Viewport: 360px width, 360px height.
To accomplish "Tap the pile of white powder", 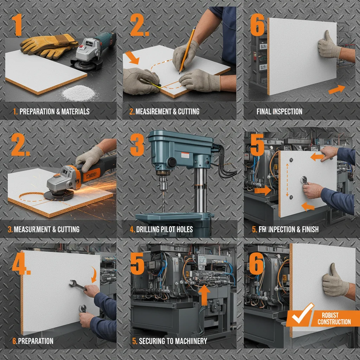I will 79,92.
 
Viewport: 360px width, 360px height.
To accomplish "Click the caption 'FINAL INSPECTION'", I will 279,112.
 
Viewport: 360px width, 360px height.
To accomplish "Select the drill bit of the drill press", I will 163,200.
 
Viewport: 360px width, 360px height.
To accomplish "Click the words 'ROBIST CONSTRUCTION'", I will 334,319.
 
